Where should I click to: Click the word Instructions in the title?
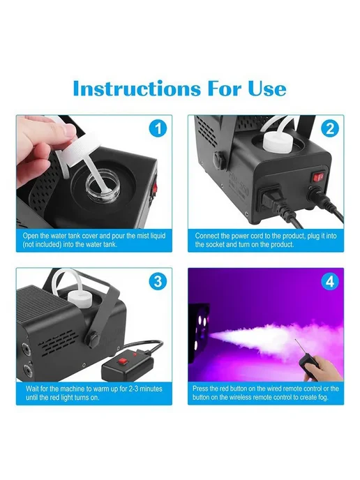coord(137,89)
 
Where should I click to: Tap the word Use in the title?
coord(267,89)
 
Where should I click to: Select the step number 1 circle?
coord(158,128)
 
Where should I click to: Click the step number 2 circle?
coord(330,128)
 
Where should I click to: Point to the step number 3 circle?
coord(158,282)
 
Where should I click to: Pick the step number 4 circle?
coord(330,282)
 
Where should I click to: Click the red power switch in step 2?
coord(318,177)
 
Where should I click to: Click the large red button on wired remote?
coord(123,362)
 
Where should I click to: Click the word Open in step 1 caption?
coord(31,236)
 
